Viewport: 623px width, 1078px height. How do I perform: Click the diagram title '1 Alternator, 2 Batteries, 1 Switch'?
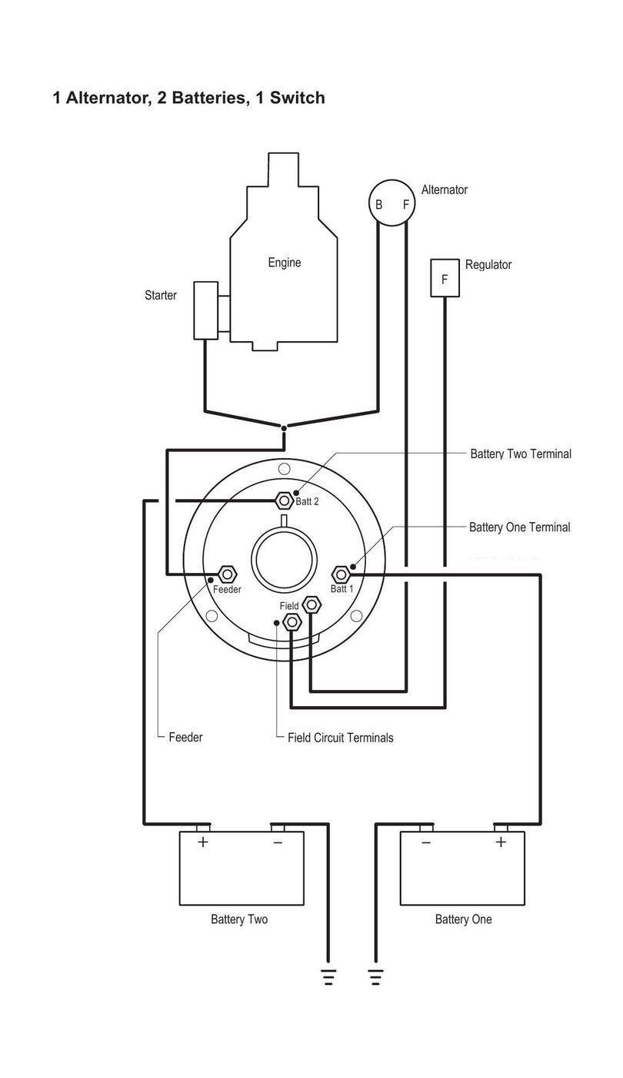[x=188, y=98]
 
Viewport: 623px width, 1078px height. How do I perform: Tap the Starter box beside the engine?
[x=206, y=310]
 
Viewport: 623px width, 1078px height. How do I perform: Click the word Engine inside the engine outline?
[x=284, y=263]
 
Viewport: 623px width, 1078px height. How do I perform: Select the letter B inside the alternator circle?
[x=378, y=205]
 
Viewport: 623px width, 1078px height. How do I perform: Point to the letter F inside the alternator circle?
[x=406, y=205]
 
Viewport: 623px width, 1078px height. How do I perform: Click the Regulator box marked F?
[x=445, y=278]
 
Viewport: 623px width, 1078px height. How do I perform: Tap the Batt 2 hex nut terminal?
[x=284, y=501]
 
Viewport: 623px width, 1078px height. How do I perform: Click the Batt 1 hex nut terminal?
[x=341, y=574]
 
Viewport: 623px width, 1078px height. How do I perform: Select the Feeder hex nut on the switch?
[x=228, y=574]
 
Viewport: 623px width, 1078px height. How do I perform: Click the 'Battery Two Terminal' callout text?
[x=521, y=454]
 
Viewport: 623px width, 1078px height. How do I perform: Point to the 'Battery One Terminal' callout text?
[x=520, y=527]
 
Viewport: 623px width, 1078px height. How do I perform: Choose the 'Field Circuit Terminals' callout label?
[x=340, y=738]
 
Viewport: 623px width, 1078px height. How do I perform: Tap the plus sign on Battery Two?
[x=203, y=842]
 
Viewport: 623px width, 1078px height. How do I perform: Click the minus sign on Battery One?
[x=426, y=842]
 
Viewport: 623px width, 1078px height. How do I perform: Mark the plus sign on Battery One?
[x=501, y=842]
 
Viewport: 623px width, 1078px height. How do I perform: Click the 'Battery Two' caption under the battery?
[x=239, y=919]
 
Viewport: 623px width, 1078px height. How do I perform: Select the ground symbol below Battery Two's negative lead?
[x=328, y=977]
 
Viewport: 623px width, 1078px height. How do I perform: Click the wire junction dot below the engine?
[x=284, y=428]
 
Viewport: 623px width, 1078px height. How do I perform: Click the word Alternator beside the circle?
[x=445, y=190]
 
